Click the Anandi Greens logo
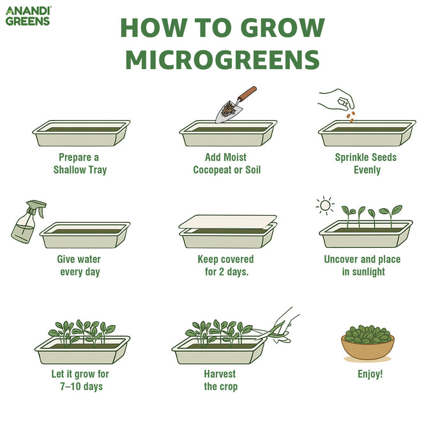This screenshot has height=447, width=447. [28, 15]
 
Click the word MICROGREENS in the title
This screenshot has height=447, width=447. [222, 59]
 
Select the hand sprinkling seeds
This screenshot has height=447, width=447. [337, 99]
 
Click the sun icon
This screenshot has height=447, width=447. [326, 206]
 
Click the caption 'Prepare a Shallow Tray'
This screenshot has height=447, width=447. [80, 163]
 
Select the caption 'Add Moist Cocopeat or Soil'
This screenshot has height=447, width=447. [227, 163]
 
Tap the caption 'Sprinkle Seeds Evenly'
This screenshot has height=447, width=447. [367, 163]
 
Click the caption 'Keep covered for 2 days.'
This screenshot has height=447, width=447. [225, 266]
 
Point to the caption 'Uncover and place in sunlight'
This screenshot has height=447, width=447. [362, 266]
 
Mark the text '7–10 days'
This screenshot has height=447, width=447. [77, 386]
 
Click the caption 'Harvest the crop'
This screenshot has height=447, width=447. [220, 380]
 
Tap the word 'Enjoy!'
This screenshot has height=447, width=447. [370, 374]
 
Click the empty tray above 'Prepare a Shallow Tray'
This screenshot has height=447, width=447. [81, 133]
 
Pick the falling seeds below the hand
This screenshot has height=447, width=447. [350, 116]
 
